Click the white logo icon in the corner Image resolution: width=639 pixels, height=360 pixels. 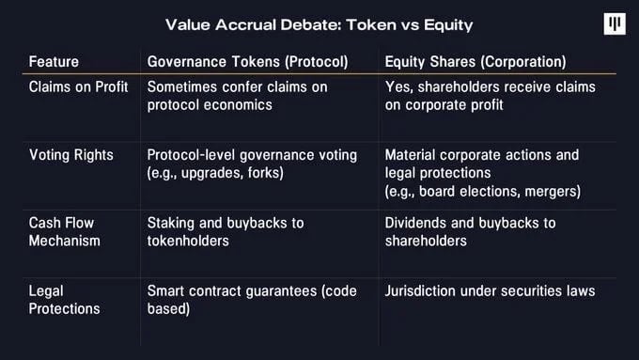[x=615, y=23]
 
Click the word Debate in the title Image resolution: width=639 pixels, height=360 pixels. [x=310, y=24]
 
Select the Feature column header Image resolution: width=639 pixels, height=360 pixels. [x=54, y=61]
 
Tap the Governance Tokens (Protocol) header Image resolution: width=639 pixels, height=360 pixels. [x=248, y=61]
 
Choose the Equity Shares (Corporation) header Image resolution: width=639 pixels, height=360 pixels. [x=475, y=61]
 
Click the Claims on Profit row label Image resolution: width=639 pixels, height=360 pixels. [x=79, y=86]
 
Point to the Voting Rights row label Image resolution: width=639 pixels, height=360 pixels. [x=71, y=155]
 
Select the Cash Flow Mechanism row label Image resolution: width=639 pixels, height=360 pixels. [x=65, y=232]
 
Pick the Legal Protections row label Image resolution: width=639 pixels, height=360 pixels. [x=65, y=300]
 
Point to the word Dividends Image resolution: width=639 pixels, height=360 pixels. [x=415, y=223]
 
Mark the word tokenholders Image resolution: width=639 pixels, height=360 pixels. [x=188, y=241]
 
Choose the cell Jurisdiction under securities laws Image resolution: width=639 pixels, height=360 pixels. [x=490, y=291]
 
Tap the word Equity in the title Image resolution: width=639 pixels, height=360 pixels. [x=448, y=25]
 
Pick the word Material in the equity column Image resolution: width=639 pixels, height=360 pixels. [x=411, y=155]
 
